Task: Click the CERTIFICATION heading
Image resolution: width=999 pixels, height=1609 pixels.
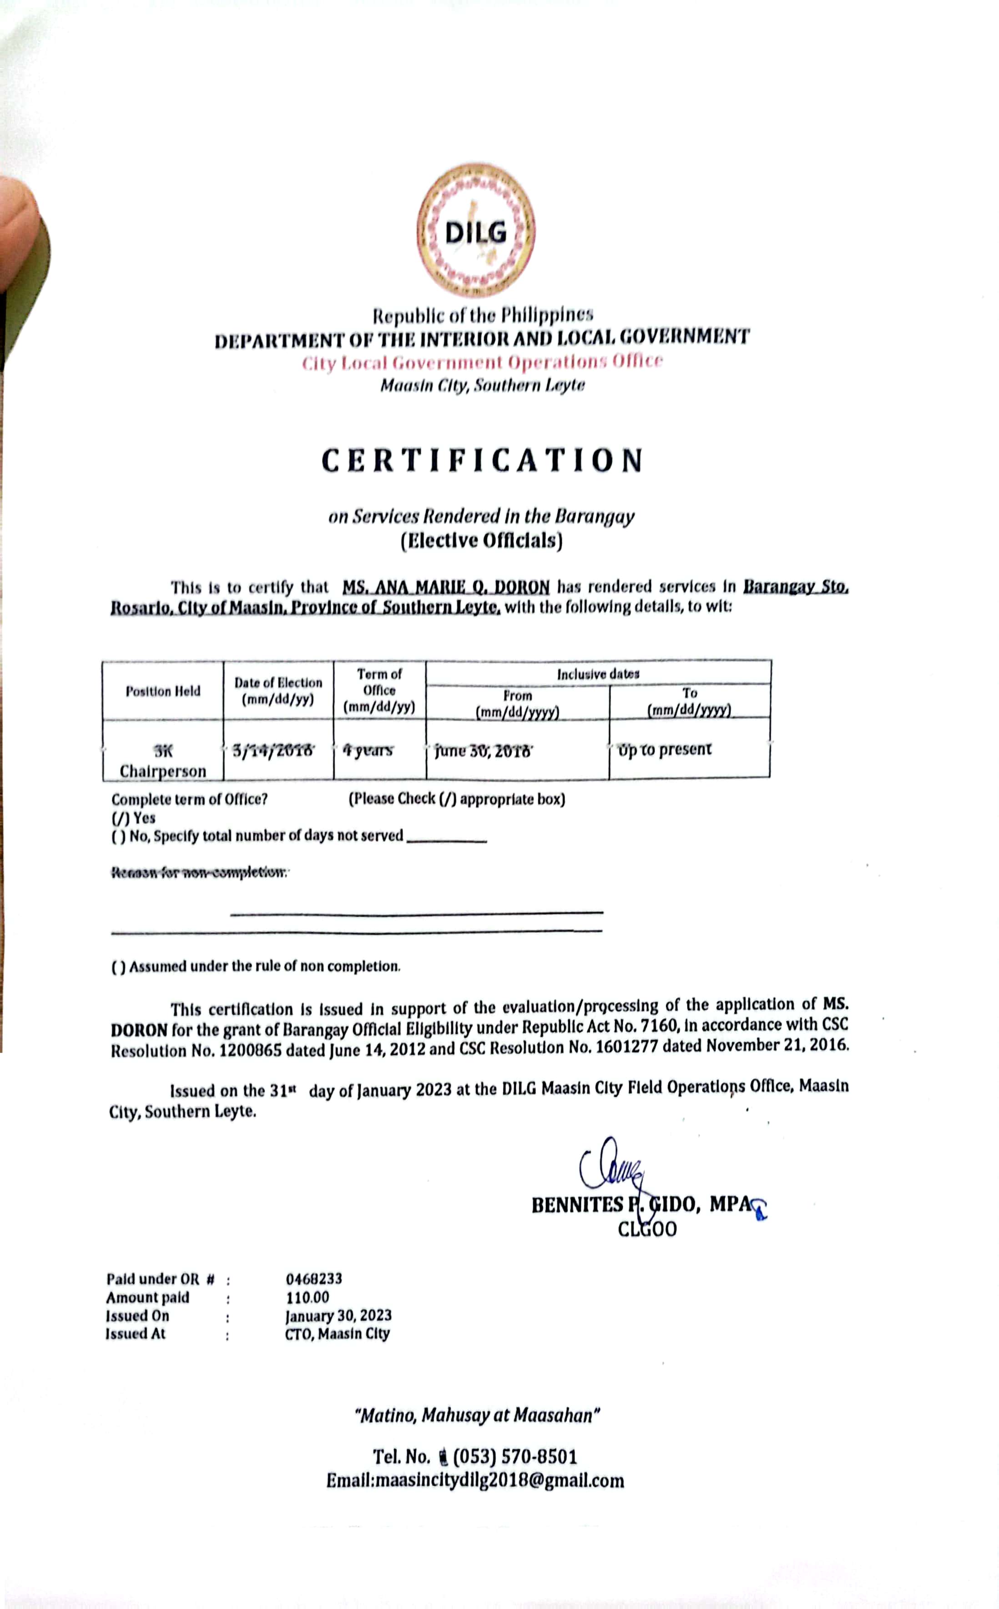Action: tap(482, 460)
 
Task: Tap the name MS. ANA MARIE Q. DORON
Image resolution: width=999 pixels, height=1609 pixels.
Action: tap(446, 587)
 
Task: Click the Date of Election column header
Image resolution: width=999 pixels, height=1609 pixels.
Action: tap(278, 691)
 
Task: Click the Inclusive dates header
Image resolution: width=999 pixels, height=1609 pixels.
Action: tap(598, 674)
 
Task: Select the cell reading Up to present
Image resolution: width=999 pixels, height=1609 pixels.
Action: tap(665, 749)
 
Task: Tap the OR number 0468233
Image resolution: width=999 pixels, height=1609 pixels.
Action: tap(314, 1279)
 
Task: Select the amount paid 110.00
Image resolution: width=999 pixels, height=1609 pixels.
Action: tap(307, 1297)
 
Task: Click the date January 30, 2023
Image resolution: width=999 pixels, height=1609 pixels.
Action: tap(338, 1316)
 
